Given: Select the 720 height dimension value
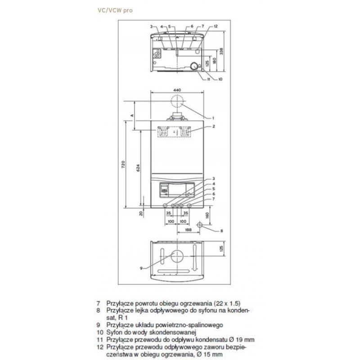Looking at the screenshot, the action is click(124, 166).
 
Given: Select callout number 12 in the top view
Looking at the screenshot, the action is click(216, 27).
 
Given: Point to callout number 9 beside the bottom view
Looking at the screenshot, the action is click(141, 268).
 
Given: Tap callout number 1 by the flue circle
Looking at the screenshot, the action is click(212, 118).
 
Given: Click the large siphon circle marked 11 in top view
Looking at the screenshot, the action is click(193, 67).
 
